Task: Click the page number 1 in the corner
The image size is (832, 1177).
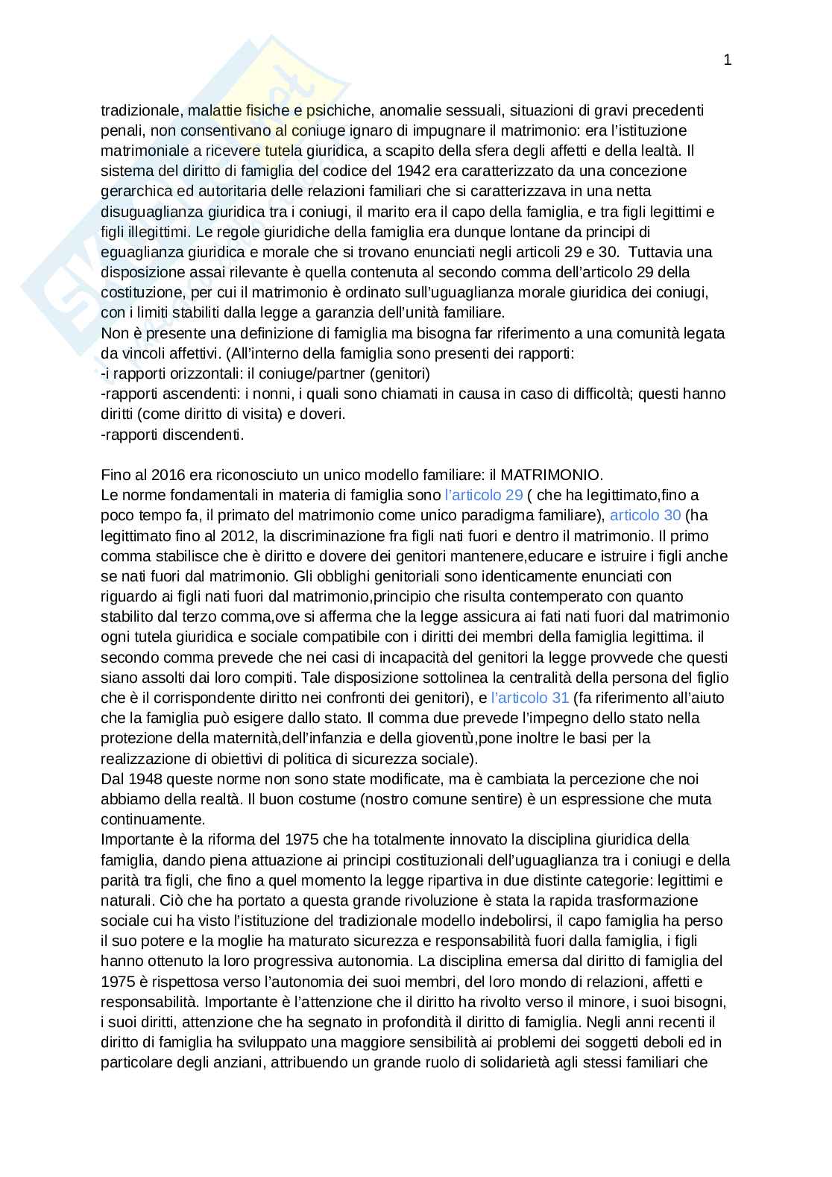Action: [727, 60]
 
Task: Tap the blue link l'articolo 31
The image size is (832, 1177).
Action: [530, 698]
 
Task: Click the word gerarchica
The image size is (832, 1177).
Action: [133, 191]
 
